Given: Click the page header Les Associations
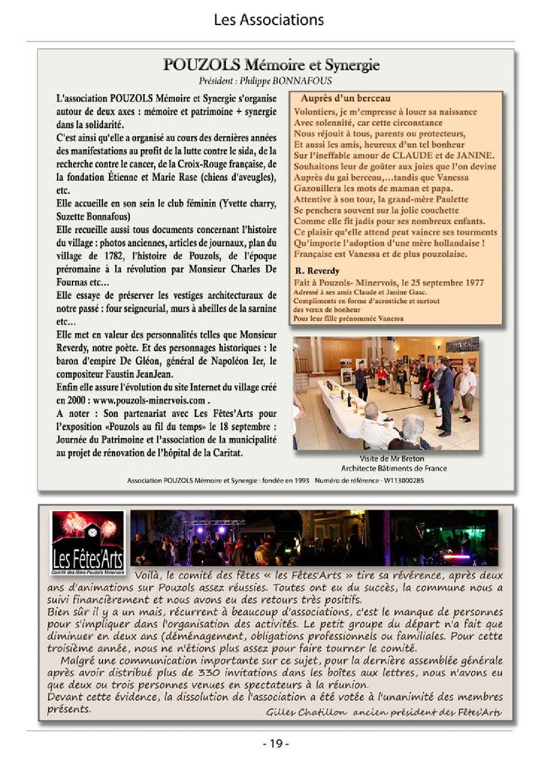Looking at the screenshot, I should click(x=269, y=20).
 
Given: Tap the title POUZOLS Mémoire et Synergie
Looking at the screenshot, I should click(x=271, y=65).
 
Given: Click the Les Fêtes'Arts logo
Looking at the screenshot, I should click(x=87, y=541).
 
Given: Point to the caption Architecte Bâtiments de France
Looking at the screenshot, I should click(x=394, y=468).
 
